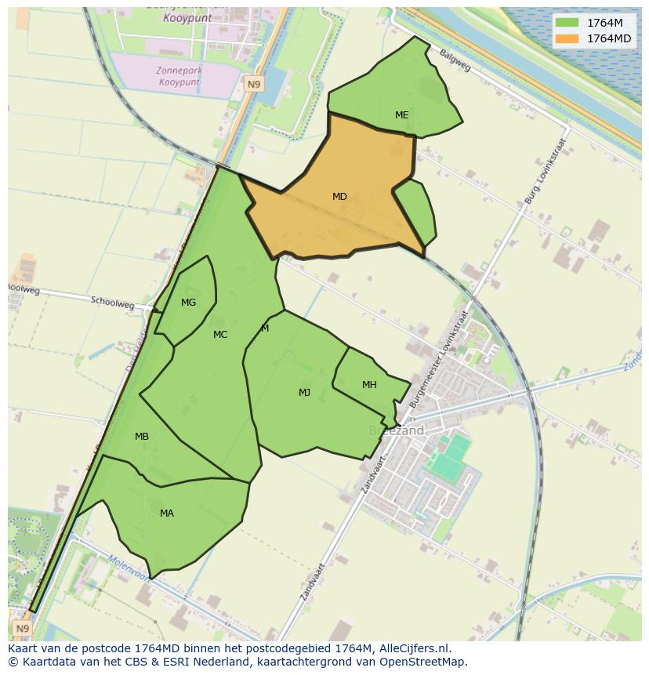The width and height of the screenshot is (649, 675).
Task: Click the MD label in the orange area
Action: pos(339,197)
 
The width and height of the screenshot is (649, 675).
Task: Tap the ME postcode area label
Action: pos(401,115)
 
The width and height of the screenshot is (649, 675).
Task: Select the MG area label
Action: pos(188,303)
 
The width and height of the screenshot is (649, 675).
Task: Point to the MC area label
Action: pos(220,335)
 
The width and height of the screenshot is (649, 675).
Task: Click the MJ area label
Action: pos(304,393)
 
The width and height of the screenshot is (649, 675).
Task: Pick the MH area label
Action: pos(369,385)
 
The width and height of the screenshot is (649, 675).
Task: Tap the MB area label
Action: pos(142,437)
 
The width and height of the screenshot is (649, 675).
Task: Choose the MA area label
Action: pos(167,514)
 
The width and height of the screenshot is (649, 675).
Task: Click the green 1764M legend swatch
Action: pos(567,23)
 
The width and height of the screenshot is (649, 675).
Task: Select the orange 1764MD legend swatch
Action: pos(567,38)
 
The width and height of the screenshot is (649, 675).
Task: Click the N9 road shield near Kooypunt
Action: pos(252,84)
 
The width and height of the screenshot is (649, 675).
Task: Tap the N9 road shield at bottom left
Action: pos(21,629)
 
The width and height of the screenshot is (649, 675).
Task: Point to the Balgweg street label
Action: pos(455,60)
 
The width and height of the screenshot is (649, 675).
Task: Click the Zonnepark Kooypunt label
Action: pos(179,76)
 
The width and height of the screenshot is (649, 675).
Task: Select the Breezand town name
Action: pos(396,430)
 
